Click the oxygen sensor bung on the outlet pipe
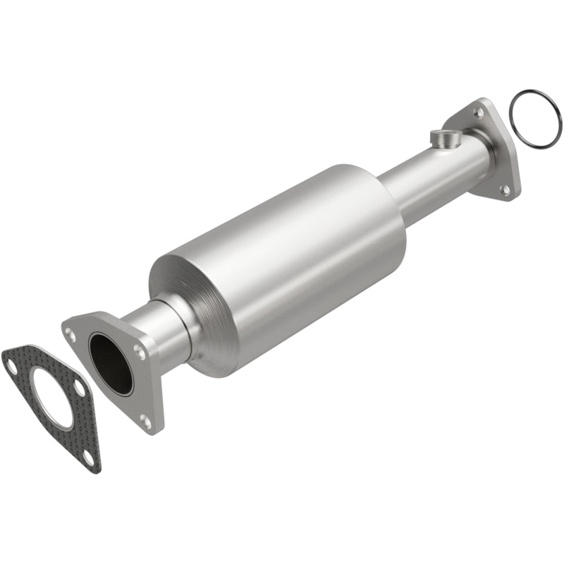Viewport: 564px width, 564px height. [445, 137]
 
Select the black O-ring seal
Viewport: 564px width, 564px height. [535, 120]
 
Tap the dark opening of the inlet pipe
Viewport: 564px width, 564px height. [111, 362]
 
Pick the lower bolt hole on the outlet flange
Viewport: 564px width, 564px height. [505, 189]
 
